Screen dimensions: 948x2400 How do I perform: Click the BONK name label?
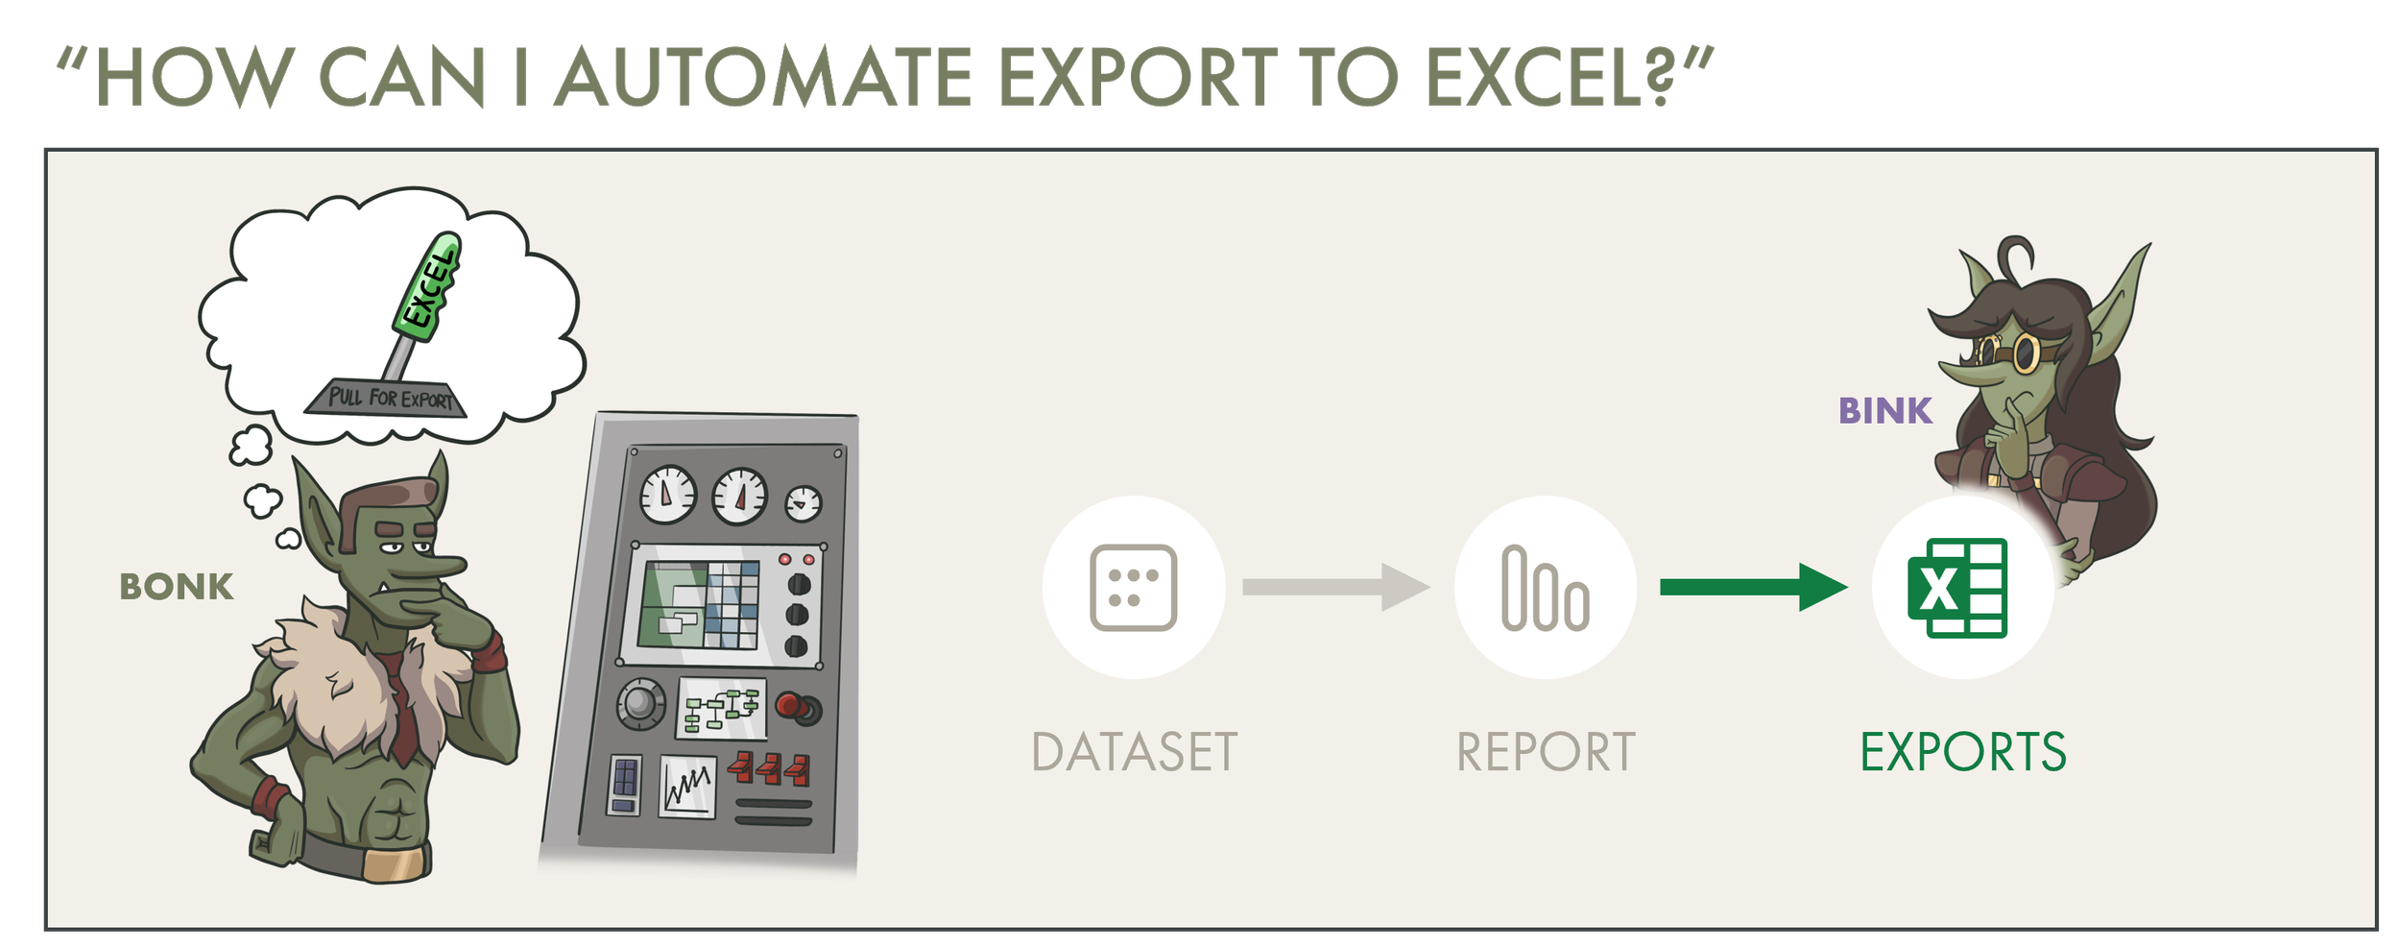point(177,587)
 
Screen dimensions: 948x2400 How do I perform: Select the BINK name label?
point(1884,411)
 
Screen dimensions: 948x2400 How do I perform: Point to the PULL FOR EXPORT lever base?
point(387,398)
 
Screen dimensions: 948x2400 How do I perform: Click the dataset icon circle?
point(1133,588)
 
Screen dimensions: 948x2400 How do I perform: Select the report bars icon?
point(1545,588)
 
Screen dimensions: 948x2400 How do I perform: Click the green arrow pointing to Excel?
point(1752,587)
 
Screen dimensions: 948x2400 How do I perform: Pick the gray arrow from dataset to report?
point(1334,587)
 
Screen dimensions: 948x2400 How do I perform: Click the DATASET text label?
point(1134,752)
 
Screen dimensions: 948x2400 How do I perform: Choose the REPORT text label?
point(1545,752)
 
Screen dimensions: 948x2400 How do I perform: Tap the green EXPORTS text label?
point(1962,752)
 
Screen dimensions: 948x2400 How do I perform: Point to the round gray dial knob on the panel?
point(640,703)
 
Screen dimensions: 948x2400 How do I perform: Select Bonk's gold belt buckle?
point(395,863)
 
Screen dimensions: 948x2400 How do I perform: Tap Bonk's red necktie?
point(404,711)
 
